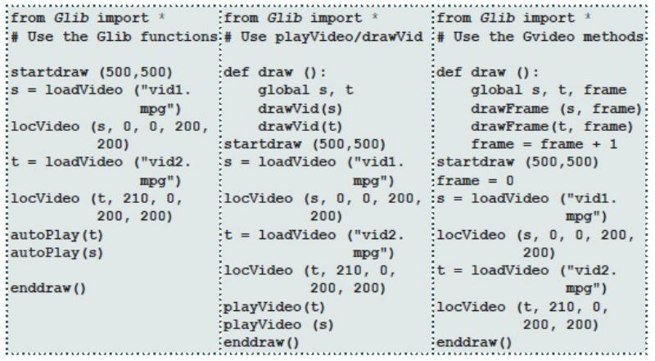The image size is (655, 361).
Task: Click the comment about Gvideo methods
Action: (540, 38)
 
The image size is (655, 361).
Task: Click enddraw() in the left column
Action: (47, 288)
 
